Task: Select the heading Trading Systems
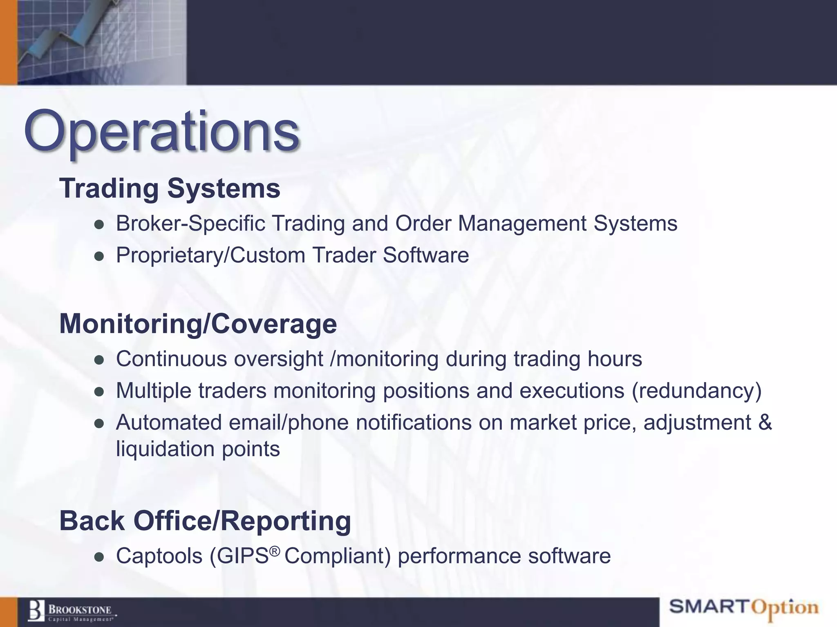[170, 188]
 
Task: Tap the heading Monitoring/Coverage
[198, 324]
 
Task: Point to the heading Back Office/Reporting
[205, 521]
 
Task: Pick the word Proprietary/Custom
[210, 256]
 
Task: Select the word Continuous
[172, 359]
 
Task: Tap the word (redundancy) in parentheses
[696, 391]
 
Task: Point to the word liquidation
[165, 449]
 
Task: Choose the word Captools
[159, 556]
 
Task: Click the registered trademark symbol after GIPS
[275, 551]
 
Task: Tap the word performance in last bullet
[459, 556]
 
